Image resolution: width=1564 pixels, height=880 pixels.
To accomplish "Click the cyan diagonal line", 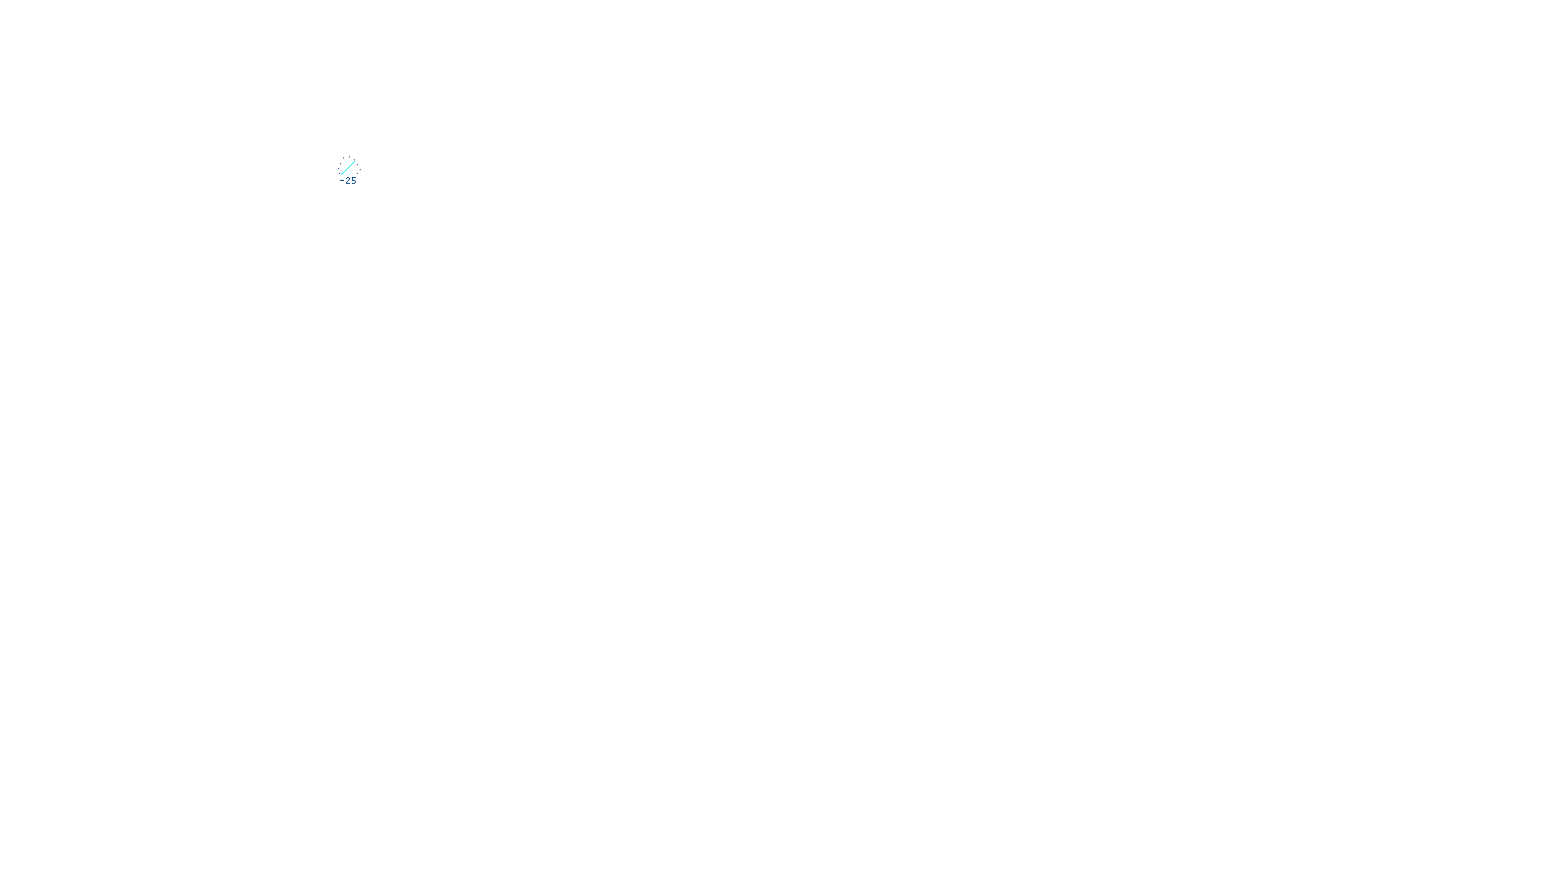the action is click(348, 168).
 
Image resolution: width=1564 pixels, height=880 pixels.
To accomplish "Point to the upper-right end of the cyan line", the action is click(355, 161).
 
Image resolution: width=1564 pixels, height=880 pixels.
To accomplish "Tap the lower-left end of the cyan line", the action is click(341, 175).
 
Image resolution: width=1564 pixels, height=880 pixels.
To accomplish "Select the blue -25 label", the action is click(349, 181).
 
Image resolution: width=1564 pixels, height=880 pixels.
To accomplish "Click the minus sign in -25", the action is click(342, 181).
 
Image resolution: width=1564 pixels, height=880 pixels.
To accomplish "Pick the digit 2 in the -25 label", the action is click(348, 181).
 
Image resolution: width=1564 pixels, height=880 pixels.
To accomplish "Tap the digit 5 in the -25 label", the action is click(354, 181).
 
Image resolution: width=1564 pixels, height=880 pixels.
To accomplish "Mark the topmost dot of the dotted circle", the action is click(348, 157).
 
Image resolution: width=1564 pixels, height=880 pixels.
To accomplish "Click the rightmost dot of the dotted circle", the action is click(359, 168).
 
